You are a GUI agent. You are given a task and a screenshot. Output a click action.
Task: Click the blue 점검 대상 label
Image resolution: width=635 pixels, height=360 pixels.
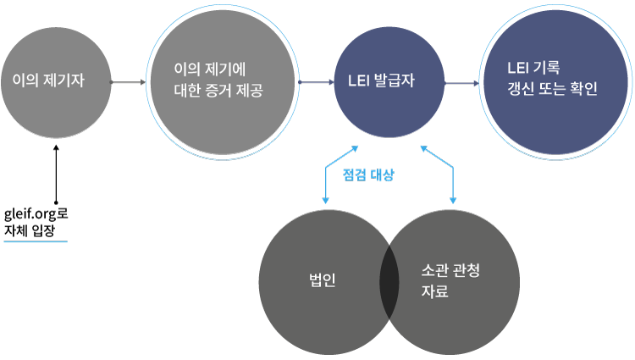point(369,177)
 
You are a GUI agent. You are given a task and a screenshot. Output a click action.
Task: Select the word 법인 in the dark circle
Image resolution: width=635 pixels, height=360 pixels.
point(323,280)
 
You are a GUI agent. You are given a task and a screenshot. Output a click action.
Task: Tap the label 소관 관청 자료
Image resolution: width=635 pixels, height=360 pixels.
point(449,281)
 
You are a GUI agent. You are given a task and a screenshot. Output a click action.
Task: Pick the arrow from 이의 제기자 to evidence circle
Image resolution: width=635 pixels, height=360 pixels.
point(128,82)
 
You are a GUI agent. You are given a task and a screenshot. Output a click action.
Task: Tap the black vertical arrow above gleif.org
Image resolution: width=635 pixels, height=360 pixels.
point(56,174)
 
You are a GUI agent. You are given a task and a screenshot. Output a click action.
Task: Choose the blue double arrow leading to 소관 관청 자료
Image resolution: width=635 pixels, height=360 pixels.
point(439,174)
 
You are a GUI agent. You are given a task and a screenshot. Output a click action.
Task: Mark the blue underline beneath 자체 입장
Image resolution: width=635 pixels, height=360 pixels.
point(35,241)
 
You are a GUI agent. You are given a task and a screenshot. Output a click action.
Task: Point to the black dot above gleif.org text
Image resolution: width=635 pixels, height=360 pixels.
point(56,202)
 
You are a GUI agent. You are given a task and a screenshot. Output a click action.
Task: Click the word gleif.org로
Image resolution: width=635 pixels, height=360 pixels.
point(35,215)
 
